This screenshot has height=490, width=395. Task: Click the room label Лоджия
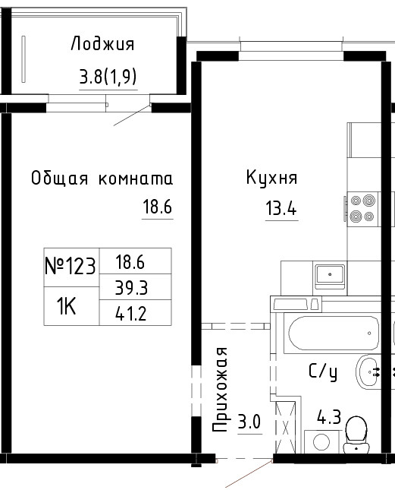[102, 44]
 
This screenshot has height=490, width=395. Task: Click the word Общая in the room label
[59, 178]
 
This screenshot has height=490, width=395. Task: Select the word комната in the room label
[136, 179]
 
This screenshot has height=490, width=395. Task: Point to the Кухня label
[272, 178]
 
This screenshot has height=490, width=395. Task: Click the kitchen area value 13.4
[281, 208]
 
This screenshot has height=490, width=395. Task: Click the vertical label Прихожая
[221, 389]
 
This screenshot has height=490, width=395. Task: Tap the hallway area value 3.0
[249, 422]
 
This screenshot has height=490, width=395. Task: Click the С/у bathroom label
[323, 372]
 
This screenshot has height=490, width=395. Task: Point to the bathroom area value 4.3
[329, 417]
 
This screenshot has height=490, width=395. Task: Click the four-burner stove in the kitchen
[362, 208]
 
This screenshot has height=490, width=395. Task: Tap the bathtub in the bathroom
[334, 334]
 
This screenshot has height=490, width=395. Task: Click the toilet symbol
[356, 435]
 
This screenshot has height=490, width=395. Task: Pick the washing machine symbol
[321, 442]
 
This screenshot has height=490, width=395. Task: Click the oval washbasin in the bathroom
[368, 372]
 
